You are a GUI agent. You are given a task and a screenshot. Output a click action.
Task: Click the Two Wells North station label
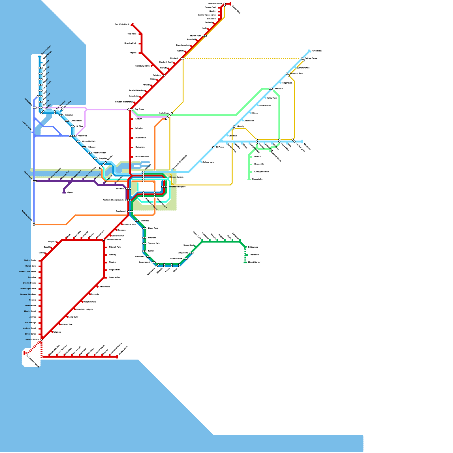(122, 25)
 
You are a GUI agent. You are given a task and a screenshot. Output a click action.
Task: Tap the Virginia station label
(133, 53)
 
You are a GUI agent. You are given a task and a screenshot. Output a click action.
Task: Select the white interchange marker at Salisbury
(164, 75)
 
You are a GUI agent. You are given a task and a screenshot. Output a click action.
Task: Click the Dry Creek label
(139, 109)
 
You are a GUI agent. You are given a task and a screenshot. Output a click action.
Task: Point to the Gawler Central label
(215, 4)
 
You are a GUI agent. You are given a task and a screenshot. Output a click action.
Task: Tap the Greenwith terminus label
(317, 51)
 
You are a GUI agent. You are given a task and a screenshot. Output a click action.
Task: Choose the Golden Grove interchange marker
(303, 59)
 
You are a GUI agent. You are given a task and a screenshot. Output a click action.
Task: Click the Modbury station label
(278, 89)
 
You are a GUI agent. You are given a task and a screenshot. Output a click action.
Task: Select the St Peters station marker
(213, 147)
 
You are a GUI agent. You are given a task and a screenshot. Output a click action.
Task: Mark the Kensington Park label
(262, 172)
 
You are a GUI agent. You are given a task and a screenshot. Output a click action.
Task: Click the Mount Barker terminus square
(245, 262)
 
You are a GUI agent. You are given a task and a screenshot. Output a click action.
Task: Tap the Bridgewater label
(253, 247)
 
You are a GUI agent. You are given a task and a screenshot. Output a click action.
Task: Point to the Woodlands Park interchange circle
(104, 240)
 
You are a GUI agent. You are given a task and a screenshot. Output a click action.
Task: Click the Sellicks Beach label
(32, 340)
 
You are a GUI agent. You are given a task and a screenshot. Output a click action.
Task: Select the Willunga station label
(57, 332)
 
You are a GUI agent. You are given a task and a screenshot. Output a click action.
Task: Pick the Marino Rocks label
(30, 260)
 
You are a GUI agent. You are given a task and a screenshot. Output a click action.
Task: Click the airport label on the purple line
(70, 193)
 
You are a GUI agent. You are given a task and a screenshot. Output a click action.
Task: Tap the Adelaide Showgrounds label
(113, 200)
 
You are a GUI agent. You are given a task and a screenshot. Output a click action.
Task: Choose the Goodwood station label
(120, 211)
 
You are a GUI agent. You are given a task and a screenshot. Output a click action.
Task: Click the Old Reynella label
(104, 287)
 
